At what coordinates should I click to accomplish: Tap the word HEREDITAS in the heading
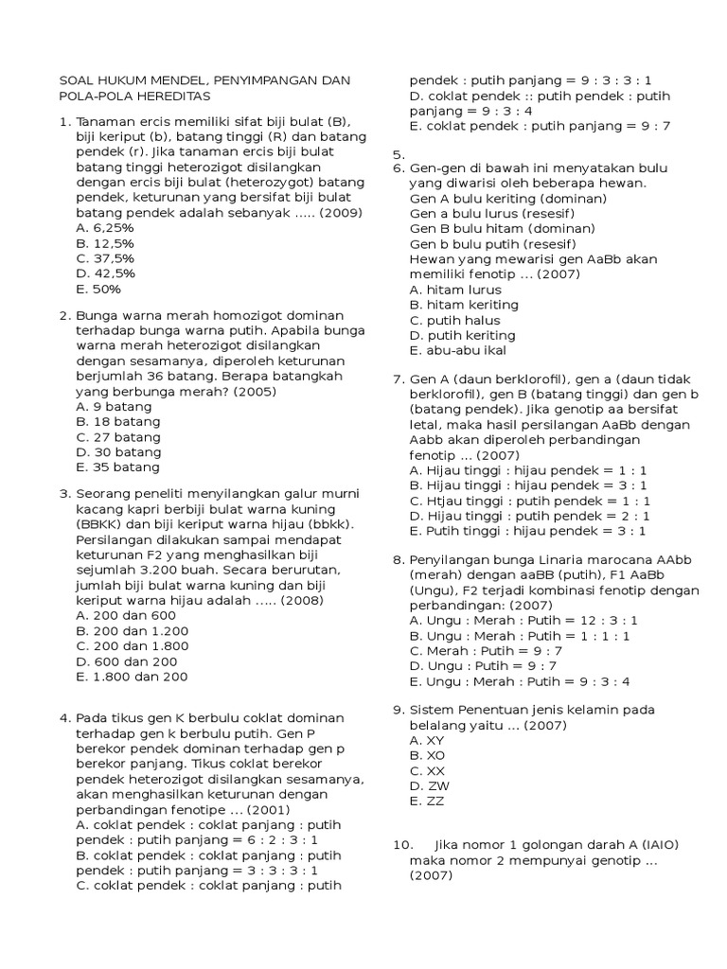[173, 97]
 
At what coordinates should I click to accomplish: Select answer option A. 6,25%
[104, 228]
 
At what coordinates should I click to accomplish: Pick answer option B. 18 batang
[117, 421]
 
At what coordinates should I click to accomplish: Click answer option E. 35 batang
[117, 467]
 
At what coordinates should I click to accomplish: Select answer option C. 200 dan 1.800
[132, 646]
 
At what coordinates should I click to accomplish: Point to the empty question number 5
[399, 153]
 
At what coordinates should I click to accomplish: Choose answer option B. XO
[427, 755]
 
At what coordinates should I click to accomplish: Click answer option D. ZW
[429, 785]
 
